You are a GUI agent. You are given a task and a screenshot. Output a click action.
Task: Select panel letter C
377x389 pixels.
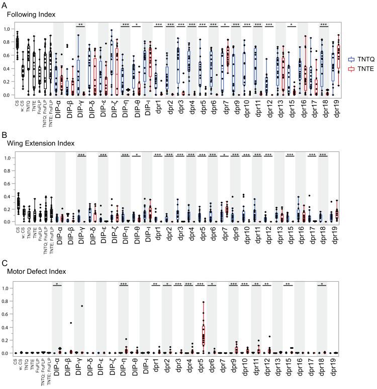[x=5, y=263]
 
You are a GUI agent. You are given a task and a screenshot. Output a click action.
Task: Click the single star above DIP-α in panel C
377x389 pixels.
[x=58, y=284]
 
